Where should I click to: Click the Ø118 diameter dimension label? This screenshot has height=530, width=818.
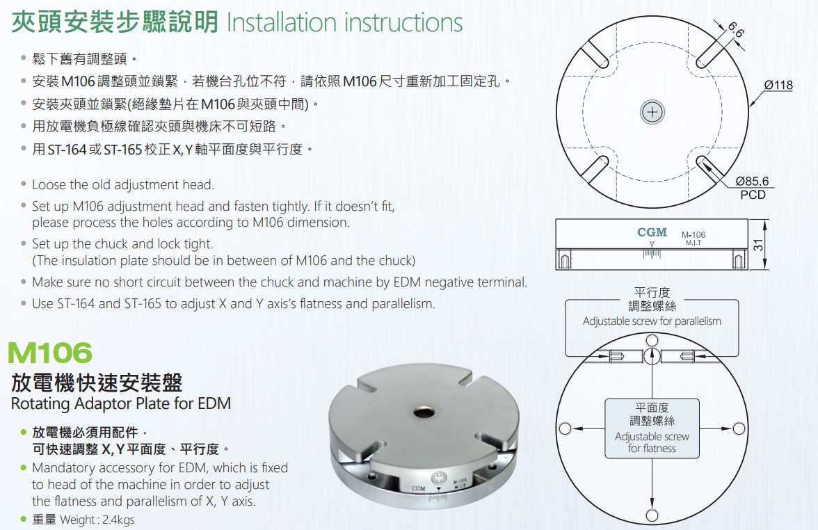tap(778, 85)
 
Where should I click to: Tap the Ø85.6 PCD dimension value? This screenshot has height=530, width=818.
tap(753, 181)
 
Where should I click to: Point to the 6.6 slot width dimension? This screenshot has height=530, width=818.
tap(736, 30)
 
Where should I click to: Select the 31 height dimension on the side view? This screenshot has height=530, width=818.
tap(758, 245)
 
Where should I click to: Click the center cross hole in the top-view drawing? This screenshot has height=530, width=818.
tap(652, 111)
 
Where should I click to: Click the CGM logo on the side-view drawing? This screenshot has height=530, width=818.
tap(652, 232)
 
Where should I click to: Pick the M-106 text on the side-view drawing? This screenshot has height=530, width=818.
tap(693, 235)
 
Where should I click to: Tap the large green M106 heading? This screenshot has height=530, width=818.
tap(50, 353)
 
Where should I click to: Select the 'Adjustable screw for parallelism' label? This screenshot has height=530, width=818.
tap(652, 321)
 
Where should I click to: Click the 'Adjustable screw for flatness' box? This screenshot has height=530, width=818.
tap(652, 428)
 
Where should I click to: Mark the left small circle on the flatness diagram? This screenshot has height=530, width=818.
tap(565, 428)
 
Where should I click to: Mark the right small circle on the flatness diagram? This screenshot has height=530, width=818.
tap(739, 428)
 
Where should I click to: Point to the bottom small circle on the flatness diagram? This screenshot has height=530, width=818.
tap(652, 516)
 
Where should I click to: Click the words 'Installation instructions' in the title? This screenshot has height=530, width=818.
tap(345, 23)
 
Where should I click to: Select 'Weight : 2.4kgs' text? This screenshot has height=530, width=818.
tap(97, 520)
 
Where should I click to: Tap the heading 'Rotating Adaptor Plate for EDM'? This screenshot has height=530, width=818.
tap(121, 403)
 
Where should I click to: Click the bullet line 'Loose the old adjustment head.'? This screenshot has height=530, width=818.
tap(123, 185)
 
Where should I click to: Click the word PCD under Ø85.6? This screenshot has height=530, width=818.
tap(753, 195)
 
